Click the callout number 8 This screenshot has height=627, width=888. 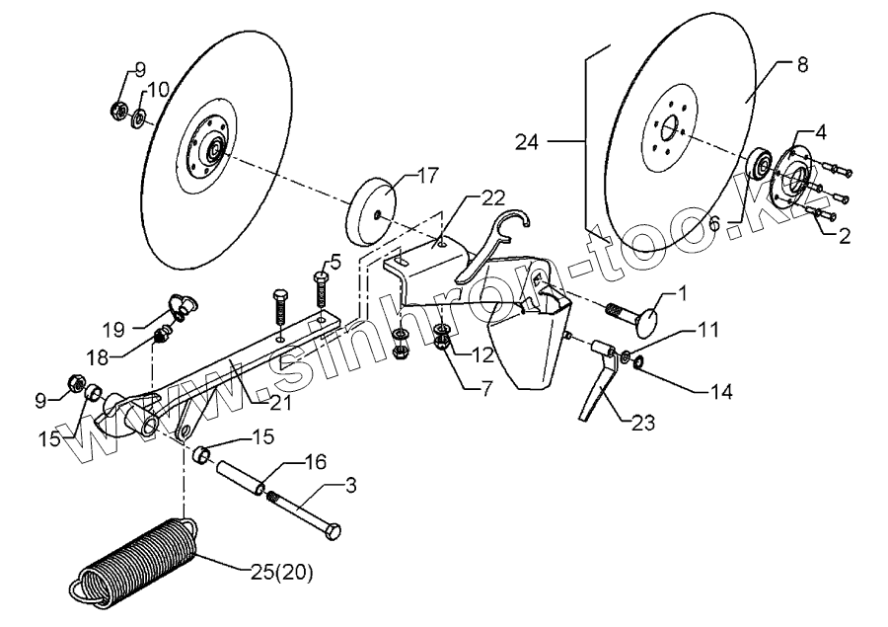coord(801,64)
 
